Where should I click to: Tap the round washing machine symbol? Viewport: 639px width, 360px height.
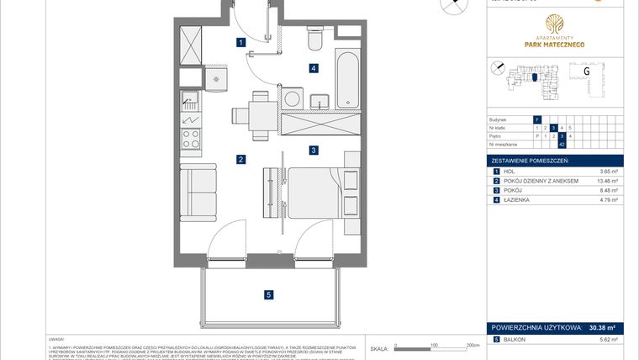click(292, 99)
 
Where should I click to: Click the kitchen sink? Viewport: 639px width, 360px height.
click(191, 103)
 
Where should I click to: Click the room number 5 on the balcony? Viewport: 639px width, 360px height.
click(268, 294)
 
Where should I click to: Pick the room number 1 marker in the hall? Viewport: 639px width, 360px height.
click(240, 41)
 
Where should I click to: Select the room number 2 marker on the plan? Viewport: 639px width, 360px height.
click(240, 159)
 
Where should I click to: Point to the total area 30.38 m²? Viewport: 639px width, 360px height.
click(602, 329)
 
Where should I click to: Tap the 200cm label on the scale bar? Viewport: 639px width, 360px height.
click(472, 345)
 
